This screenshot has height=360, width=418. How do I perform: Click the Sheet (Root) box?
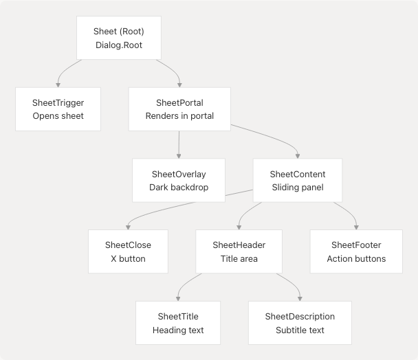(119, 38)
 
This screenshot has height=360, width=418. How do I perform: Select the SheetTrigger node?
(58, 109)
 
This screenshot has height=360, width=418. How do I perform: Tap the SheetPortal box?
(179, 109)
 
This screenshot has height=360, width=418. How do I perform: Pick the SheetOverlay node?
(179, 180)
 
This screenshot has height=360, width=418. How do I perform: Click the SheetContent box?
(298, 180)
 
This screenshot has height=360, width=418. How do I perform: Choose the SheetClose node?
(128, 251)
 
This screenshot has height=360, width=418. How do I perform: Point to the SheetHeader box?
(239, 251)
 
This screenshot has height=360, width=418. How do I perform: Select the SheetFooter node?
(356, 251)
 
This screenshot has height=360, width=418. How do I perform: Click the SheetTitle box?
(178, 323)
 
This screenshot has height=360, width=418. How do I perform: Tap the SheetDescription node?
(300, 323)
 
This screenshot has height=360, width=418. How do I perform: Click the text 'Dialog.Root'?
(119, 45)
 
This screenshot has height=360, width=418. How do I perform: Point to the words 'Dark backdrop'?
(179, 188)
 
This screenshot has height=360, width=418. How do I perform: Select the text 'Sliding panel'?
(298, 188)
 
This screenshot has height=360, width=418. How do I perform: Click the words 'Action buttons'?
(356, 259)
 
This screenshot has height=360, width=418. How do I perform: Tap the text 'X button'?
(128, 259)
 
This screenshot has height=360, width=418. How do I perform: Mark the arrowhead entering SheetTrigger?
(58, 85)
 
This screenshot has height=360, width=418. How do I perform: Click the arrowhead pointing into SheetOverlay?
(179, 156)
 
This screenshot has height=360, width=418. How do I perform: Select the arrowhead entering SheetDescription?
(300, 298)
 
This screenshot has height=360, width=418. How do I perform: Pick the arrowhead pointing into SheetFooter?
(357, 227)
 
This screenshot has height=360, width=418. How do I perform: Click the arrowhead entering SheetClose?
(129, 227)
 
